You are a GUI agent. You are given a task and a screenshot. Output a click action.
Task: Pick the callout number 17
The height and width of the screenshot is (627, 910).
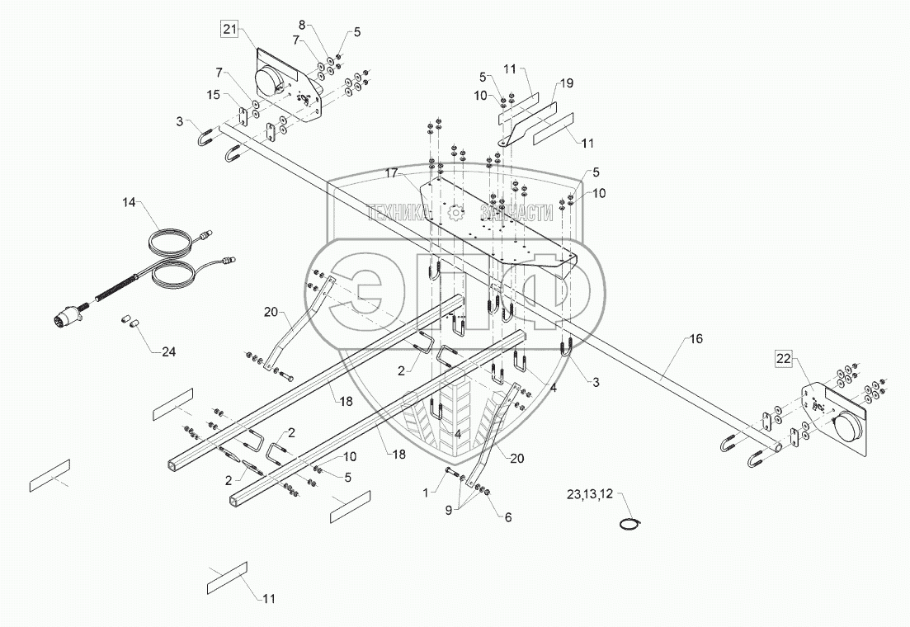(390, 173)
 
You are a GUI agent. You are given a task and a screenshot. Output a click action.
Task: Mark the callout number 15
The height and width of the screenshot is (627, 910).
(213, 97)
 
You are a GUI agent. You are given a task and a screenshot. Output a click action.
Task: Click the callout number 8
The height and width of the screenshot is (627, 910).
(301, 24)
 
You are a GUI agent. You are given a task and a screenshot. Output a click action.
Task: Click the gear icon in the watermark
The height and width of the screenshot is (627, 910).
(455, 213)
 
